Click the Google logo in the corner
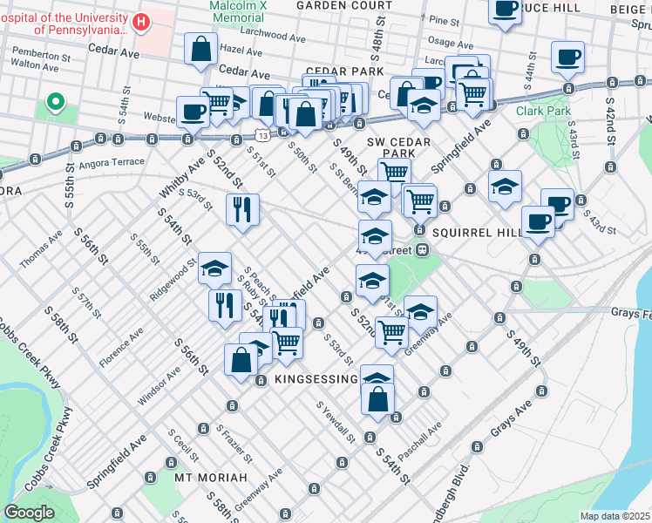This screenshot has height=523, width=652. point(30,513)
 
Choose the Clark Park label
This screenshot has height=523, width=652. point(543,112)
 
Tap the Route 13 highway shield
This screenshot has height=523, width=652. point(262,133)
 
